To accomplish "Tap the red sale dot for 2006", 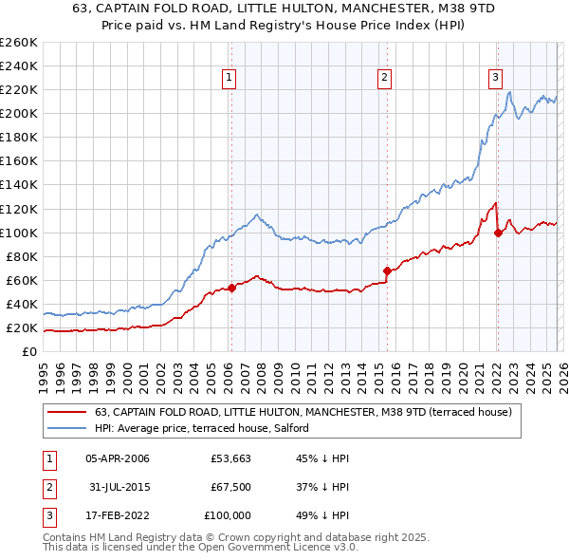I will pyautogui.click(x=231, y=288).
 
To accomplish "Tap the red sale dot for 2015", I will pyautogui.click(x=387, y=271).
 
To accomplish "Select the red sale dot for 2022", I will pyautogui.click(x=497, y=232).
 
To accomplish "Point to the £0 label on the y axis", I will pyautogui.click(x=28, y=352).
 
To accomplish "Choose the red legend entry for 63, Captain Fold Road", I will pyautogui.click(x=303, y=412).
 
